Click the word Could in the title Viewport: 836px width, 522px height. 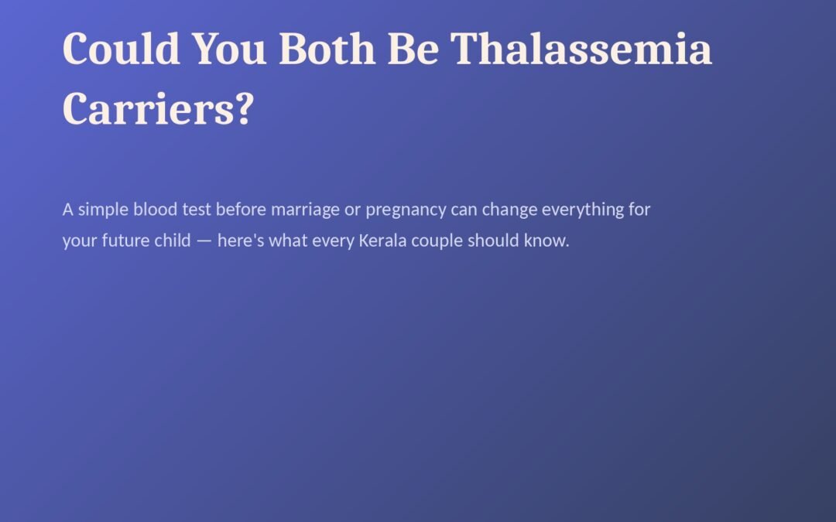click(x=121, y=49)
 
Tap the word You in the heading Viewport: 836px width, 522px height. click(x=228, y=49)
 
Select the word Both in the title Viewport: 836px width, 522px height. click(x=327, y=49)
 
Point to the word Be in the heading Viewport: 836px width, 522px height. click(x=413, y=49)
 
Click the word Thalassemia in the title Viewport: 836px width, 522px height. click(x=581, y=49)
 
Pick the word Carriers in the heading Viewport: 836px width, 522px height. click(x=149, y=109)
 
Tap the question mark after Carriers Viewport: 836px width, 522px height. click(x=244, y=109)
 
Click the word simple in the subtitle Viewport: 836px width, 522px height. click(x=104, y=210)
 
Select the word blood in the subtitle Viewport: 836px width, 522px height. click(x=155, y=210)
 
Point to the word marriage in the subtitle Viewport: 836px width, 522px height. click(x=305, y=210)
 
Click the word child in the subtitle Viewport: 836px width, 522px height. click(x=172, y=241)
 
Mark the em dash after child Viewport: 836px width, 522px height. click(x=204, y=241)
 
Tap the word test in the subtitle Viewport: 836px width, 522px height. click(x=197, y=210)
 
